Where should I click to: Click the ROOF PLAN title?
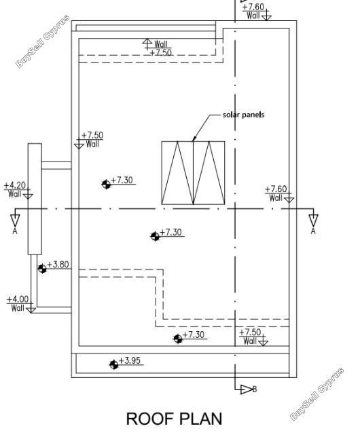tap(174, 418)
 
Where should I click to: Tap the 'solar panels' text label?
tap(243, 115)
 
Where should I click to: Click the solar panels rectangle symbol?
tap(193, 173)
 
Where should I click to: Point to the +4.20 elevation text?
tap(15, 185)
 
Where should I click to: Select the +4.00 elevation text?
tap(18, 299)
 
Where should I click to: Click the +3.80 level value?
tap(58, 264)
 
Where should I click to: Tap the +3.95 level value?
tap(130, 360)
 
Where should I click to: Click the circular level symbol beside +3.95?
tap(114, 364)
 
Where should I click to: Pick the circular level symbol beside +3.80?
tap(42, 269)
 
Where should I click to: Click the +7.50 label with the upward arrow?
tap(161, 52)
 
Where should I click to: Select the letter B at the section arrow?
tap(255, 389)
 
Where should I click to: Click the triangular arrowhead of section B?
tap(247, 389)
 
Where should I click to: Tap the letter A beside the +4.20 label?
tap(15, 231)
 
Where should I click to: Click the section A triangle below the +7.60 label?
tap(313, 220)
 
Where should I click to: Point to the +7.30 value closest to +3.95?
tap(194, 335)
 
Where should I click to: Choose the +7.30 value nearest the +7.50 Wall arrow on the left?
tap(122, 180)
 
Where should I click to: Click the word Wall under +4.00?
tap(18, 308)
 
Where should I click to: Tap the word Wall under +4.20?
tap(15, 193)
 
